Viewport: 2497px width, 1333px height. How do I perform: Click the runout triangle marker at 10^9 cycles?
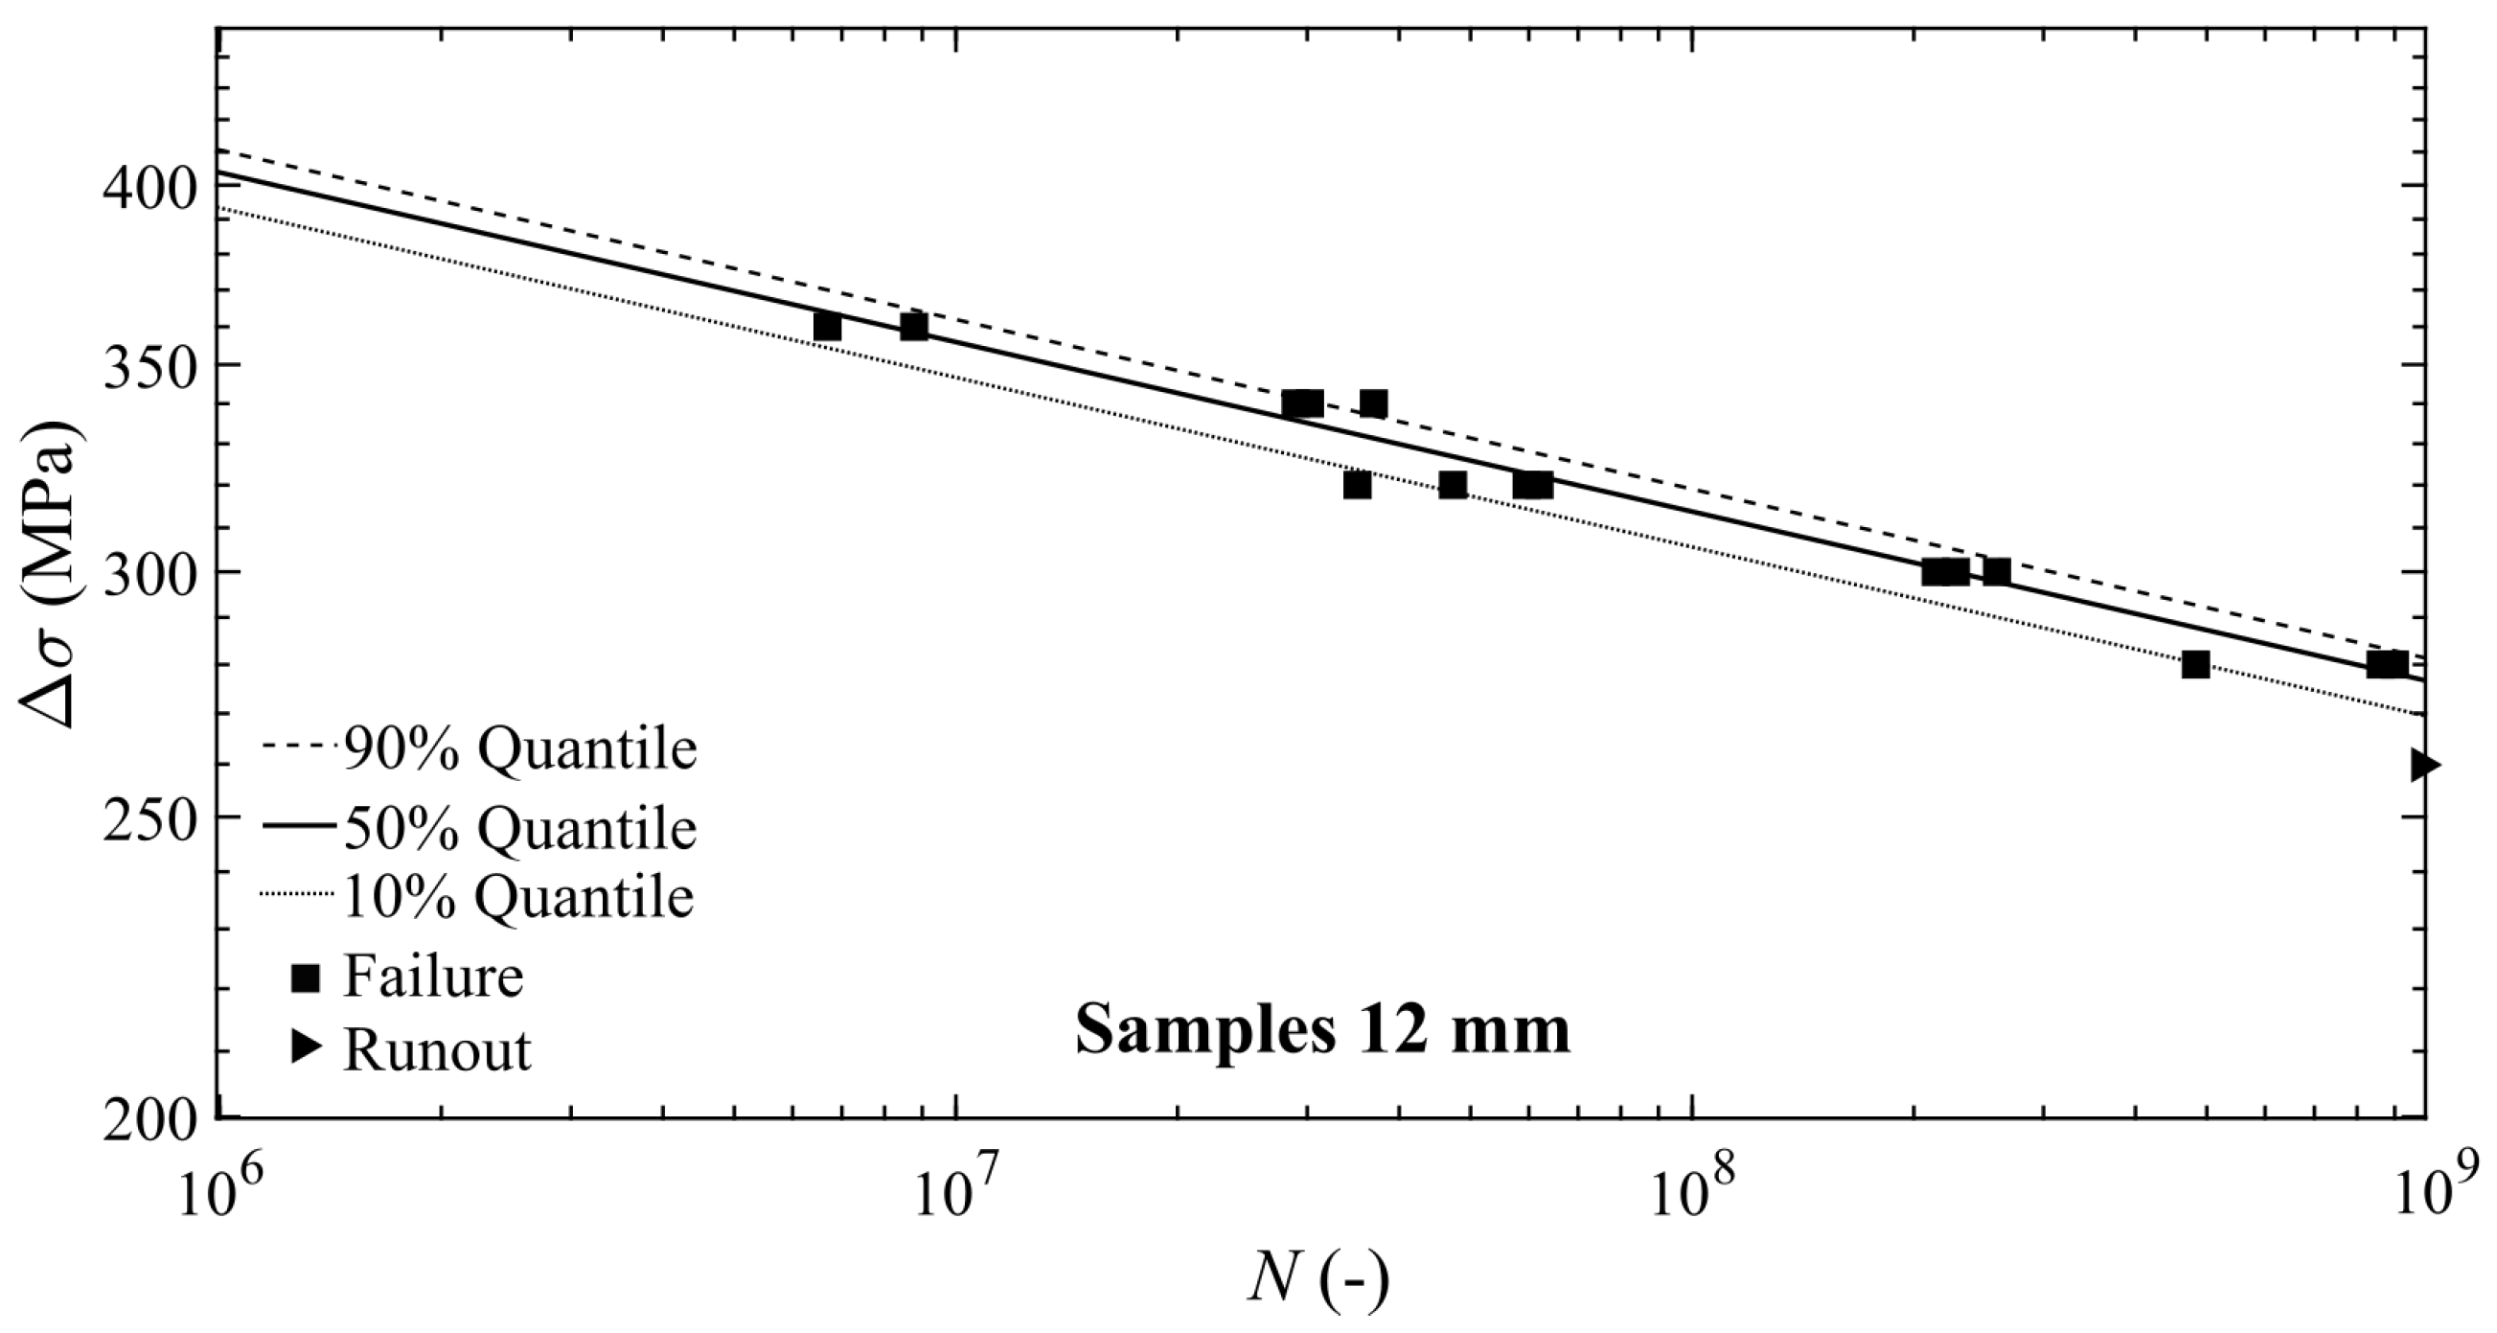2425,765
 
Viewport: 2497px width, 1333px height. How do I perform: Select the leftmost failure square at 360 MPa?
827,327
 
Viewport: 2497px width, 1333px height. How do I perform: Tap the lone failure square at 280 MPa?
2195,664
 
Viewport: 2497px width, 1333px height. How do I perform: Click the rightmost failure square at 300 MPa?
1997,572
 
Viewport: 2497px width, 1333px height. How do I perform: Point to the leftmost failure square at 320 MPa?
1358,485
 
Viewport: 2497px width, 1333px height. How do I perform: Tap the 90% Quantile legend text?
519,748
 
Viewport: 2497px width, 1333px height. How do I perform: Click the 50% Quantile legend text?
519,829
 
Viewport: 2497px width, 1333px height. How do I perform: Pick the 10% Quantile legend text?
517,898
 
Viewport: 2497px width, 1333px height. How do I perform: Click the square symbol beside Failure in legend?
307,978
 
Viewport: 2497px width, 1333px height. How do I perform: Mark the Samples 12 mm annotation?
1322,1030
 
